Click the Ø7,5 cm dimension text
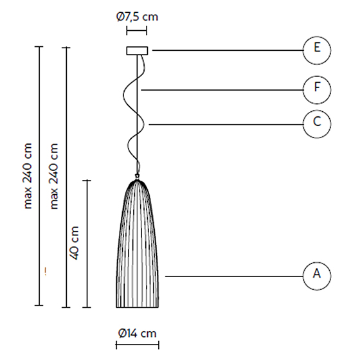(138, 17)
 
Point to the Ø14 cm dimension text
(138, 334)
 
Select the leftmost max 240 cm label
(28, 176)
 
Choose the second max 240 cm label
(54, 176)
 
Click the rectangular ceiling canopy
(137, 51)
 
